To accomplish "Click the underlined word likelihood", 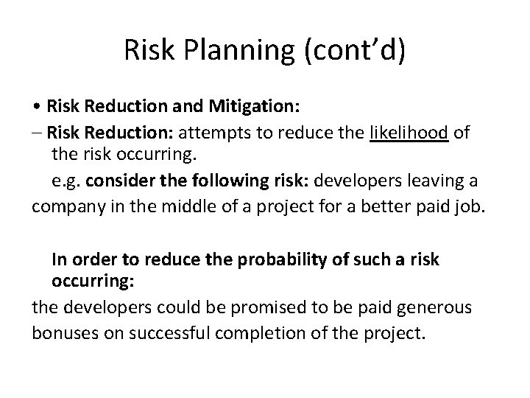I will click(409, 133).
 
